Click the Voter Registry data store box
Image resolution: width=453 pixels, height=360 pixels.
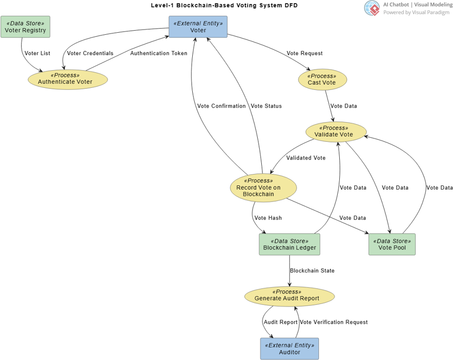(x=25, y=27)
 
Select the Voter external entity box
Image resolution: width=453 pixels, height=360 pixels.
(x=198, y=27)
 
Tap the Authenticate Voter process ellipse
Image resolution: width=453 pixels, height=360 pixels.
(x=68, y=79)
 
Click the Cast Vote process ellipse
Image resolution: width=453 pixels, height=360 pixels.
(x=322, y=79)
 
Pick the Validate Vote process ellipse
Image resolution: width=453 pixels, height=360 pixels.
(x=336, y=131)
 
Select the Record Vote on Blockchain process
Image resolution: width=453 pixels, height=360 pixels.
(x=263, y=188)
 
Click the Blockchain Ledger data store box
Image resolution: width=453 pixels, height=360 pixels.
(x=289, y=244)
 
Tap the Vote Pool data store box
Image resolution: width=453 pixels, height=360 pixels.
(x=392, y=244)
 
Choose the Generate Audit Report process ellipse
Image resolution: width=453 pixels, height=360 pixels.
(x=289, y=296)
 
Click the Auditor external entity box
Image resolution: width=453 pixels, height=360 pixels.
(x=289, y=349)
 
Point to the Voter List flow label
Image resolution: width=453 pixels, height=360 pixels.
(x=37, y=54)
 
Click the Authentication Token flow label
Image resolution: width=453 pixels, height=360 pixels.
(x=158, y=54)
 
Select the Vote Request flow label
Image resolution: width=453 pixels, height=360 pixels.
(x=304, y=54)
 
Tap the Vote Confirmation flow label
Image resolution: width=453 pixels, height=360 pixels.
(x=221, y=106)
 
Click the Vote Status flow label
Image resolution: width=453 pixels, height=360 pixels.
(x=266, y=106)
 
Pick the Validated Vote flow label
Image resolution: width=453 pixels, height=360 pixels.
(x=306, y=158)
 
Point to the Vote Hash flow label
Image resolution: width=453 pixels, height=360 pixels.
(x=268, y=218)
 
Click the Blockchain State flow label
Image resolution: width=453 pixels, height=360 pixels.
(x=312, y=271)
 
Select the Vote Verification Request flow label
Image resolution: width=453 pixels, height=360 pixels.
(x=334, y=322)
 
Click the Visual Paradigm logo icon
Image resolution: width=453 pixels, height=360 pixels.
(x=372, y=8)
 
